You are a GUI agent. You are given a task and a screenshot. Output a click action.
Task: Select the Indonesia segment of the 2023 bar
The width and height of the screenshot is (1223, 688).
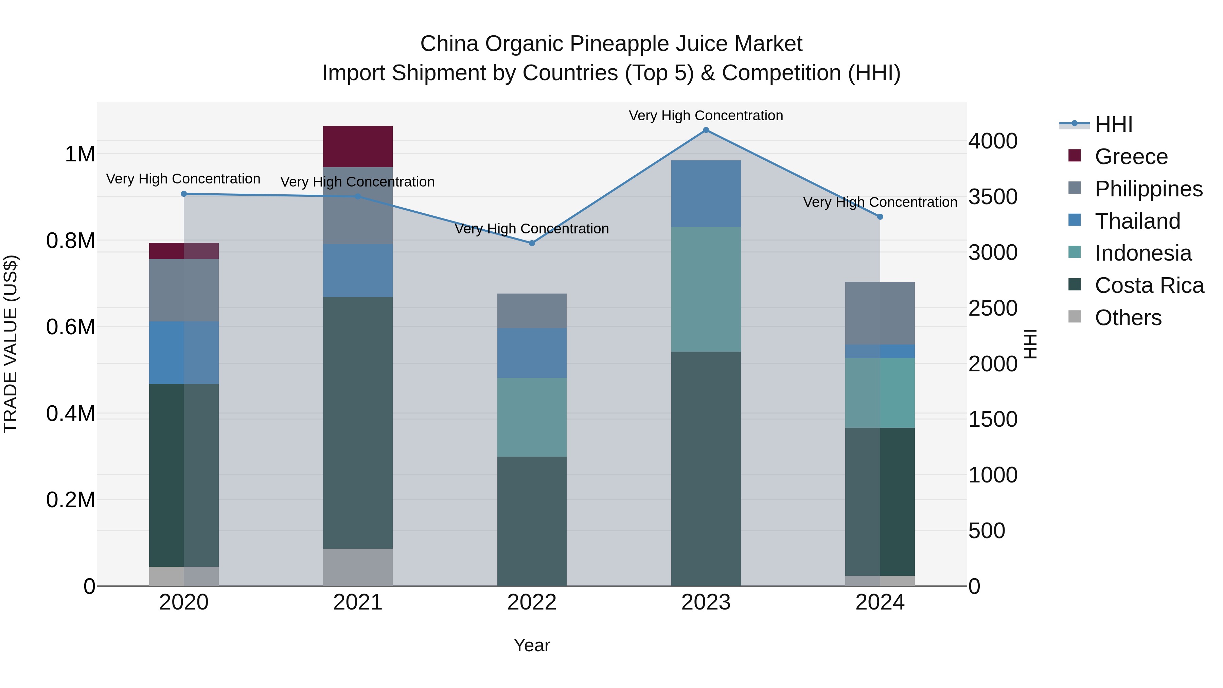tap(706, 289)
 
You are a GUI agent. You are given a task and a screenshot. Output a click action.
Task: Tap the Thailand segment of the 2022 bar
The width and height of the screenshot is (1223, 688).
tap(532, 352)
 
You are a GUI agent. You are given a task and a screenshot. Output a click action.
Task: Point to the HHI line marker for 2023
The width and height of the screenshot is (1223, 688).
tap(706, 130)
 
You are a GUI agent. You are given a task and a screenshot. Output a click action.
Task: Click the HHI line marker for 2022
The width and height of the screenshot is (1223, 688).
tap(532, 243)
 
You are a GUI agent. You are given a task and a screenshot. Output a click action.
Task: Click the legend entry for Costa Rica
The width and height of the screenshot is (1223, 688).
tap(1149, 285)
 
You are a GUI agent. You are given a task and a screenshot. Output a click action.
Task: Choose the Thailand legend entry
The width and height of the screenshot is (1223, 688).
tap(1137, 221)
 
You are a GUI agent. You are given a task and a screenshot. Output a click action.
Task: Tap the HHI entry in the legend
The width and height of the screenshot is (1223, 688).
tap(1113, 124)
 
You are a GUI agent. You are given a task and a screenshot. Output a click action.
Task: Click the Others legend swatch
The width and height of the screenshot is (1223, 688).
tap(1075, 317)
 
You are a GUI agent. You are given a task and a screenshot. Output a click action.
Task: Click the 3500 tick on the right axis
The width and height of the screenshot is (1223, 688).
tap(993, 197)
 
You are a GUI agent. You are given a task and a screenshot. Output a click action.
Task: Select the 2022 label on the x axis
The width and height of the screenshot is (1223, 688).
tap(532, 602)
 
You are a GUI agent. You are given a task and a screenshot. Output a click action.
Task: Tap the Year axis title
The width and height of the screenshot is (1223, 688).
tap(532, 645)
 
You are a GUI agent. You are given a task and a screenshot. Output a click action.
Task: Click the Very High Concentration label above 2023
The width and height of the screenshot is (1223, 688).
tap(706, 116)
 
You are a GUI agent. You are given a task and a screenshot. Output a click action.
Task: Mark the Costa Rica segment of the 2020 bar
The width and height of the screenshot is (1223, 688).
tap(184, 475)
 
